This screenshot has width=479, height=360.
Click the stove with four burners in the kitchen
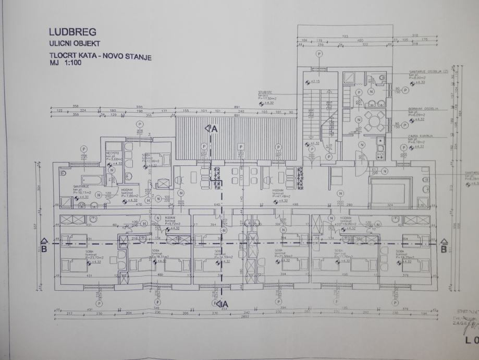(381, 148)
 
